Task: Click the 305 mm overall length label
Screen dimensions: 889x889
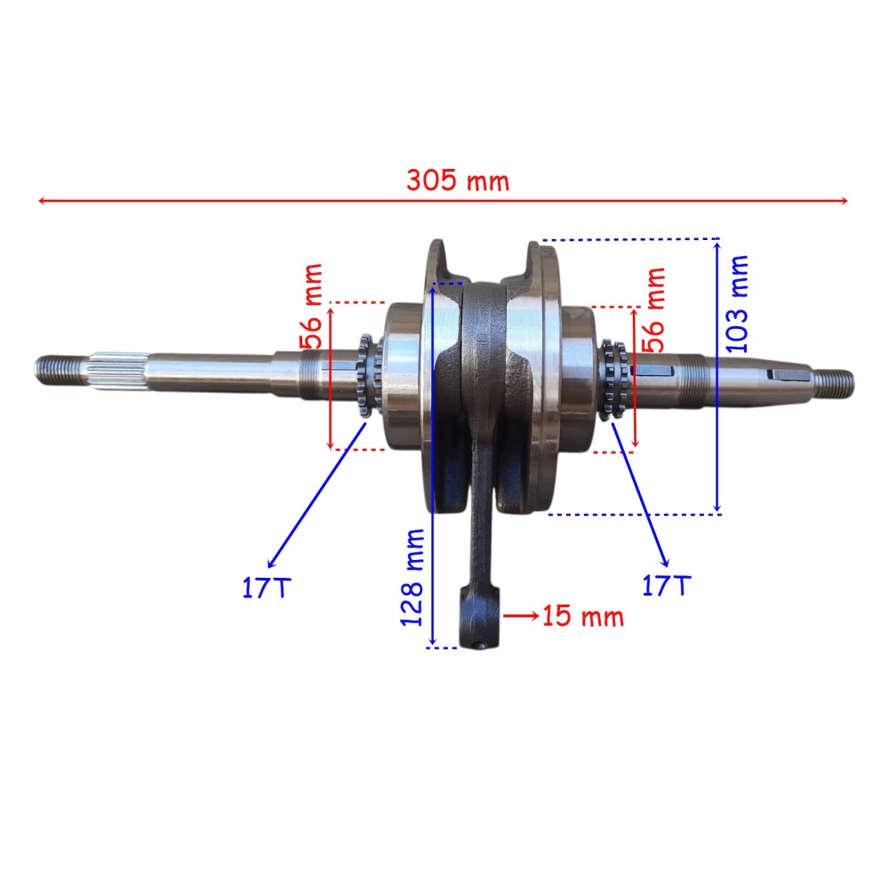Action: tap(458, 180)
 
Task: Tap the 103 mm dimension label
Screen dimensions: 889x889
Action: tap(737, 304)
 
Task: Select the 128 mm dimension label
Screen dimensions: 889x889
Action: tap(412, 577)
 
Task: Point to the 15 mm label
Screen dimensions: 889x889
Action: tap(583, 616)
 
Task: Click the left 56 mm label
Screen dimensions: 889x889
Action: tap(311, 306)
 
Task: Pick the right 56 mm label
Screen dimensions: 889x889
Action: tap(653, 309)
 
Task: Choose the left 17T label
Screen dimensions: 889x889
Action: tap(267, 588)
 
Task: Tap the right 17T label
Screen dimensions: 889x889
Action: tap(666, 586)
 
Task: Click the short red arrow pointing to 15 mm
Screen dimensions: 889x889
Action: tap(521, 616)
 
